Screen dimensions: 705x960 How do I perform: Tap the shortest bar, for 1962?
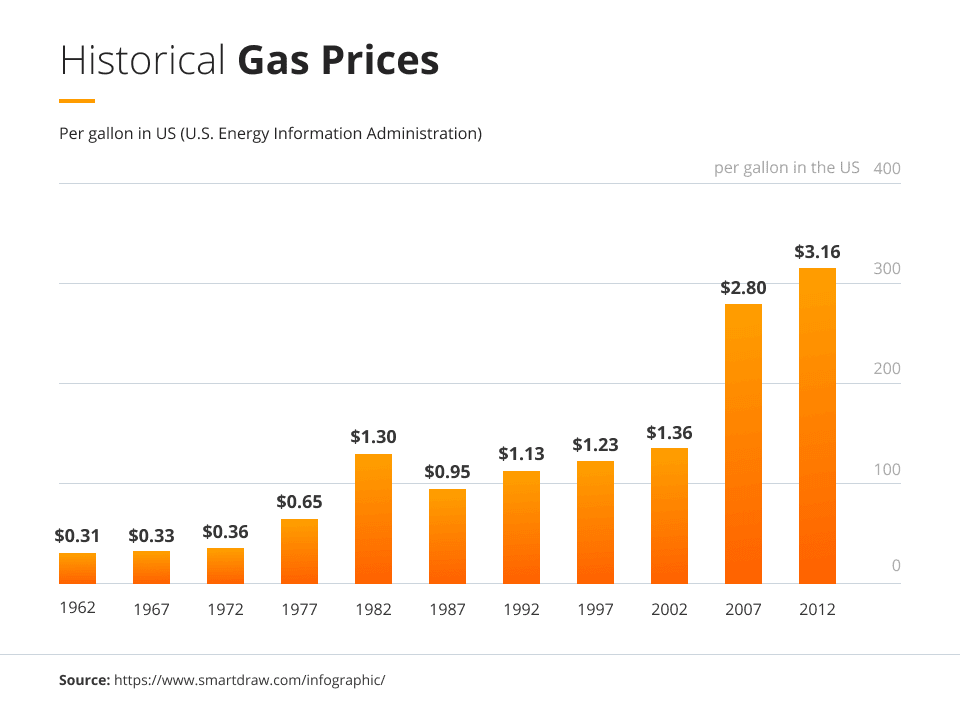(x=77, y=568)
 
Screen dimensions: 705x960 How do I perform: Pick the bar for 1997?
(x=595, y=522)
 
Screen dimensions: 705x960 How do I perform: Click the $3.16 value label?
(x=817, y=250)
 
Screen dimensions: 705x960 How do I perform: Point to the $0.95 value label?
(x=447, y=471)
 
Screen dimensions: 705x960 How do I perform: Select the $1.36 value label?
(x=669, y=433)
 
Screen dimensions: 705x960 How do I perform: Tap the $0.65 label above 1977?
(x=299, y=501)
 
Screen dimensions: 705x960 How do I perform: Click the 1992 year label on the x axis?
(x=521, y=609)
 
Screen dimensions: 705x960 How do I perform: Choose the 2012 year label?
(x=817, y=609)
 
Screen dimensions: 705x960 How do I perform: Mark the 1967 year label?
(x=151, y=609)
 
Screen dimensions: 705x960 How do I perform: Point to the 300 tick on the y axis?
(x=887, y=269)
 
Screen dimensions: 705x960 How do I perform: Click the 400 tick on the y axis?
(x=887, y=168)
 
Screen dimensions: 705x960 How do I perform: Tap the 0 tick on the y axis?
(x=896, y=566)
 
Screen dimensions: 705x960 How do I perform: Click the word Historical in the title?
(x=143, y=61)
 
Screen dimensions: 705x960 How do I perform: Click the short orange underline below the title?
(x=77, y=101)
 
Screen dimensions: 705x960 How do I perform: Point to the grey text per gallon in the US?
(x=786, y=167)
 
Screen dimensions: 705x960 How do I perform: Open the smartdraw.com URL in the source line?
(x=249, y=680)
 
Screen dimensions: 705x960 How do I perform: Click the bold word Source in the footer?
(x=84, y=680)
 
